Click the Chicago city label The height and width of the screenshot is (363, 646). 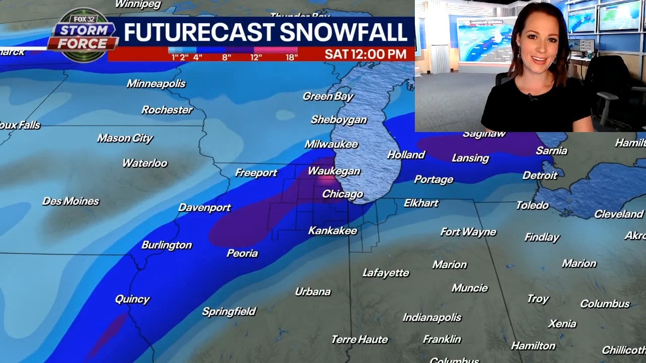click(342, 194)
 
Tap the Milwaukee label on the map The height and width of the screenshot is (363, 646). click(331, 144)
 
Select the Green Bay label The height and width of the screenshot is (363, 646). click(328, 96)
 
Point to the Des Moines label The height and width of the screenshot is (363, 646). click(71, 201)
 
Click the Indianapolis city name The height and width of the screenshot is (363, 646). click(432, 318)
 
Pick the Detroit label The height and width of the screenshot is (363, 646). click(540, 175)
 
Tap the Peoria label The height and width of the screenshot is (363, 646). click(242, 253)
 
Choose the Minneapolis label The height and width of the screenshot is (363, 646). click(156, 84)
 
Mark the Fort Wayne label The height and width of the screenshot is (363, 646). click(468, 232)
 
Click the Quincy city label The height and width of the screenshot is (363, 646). click(132, 299)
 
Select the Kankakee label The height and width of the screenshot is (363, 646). click(333, 231)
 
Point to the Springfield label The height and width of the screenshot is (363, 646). click(229, 312)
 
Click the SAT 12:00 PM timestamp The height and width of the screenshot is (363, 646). click(365, 54)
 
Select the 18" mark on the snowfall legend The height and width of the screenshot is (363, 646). click(291, 57)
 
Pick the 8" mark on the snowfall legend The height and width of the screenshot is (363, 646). click(227, 57)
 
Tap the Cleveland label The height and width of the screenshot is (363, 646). click(618, 214)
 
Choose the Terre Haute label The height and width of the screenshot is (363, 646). click(359, 340)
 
